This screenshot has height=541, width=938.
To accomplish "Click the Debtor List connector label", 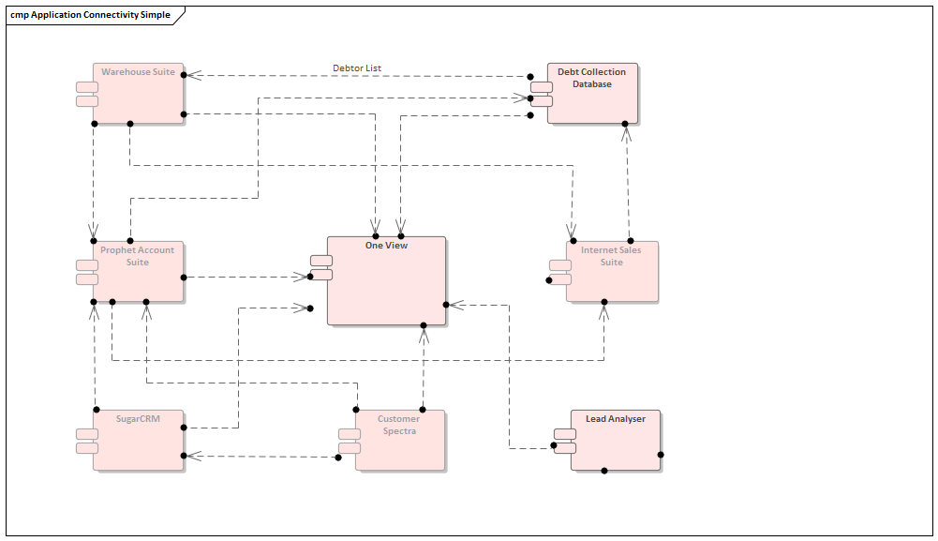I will tap(357, 68).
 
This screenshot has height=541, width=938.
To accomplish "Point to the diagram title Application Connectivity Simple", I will tap(90, 16).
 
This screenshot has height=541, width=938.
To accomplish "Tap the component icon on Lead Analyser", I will tap(565, 440).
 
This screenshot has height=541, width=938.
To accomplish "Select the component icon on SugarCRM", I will tap(87, 441).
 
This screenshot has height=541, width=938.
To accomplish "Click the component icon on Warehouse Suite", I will tap(87, 94).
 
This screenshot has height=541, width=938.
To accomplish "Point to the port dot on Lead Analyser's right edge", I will tap(661, 455).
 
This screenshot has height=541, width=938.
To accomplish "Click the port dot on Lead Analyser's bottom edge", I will tap(604, 471).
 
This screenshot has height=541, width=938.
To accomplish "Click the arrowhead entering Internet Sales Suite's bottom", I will tap(604, 311).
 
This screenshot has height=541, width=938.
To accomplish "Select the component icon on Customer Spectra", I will tap(350, 441).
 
